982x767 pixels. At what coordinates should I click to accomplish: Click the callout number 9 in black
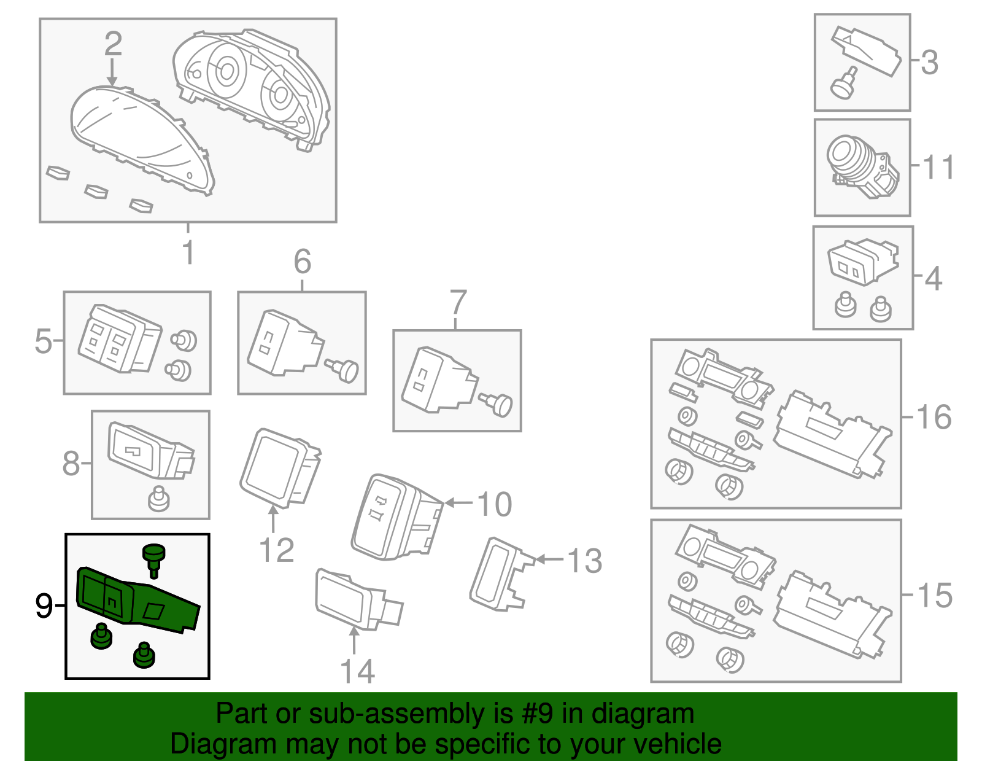pyautogui.click(x=44, y=606)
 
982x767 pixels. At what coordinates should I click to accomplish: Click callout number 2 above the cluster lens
pyautogui.click(x=113, y=44)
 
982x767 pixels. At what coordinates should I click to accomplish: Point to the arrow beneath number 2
pyautogui.click(x=112, y=73)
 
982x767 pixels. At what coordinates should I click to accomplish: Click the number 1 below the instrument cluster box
pyautogui.click(x=188, y=252)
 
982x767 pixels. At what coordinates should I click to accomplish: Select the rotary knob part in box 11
pyautogui.click(x=850, y=158)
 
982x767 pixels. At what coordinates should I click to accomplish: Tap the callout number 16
pyautogui.click(x=934, y=417)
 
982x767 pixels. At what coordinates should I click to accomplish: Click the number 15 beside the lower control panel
pyautogui.click(x=934, y=596)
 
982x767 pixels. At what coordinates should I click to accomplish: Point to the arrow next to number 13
pyautogui.click(x=548, y=559)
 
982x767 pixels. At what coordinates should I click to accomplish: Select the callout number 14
pyautogui.click(x=357, y=671)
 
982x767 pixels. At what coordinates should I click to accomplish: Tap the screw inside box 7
pyautogui.click(x=498, y=404)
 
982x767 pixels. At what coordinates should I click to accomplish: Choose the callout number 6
pyautogui.click(x=302, y=262)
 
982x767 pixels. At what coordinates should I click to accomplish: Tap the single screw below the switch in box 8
pyautogui.click(x=158, y=499)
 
